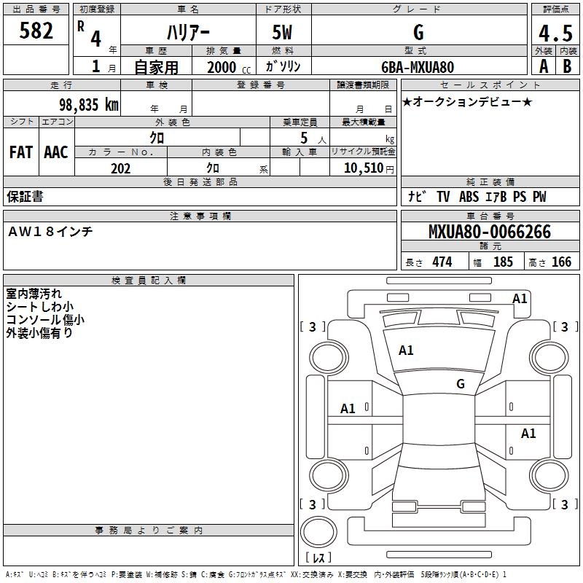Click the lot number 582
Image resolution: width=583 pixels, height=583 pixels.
[36, 30]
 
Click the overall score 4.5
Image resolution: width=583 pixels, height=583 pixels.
[555, 33]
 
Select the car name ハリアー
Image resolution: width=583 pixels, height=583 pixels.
[188, 32]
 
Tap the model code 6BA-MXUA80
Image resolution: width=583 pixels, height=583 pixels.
[418, 67]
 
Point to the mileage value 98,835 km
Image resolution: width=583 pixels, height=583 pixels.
[89, 104]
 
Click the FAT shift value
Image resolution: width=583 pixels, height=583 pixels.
[21, 152]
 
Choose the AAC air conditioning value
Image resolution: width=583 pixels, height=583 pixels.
[56, 152]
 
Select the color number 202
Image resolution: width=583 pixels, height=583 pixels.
[120, 168]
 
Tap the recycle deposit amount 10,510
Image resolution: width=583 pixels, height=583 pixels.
[364, 168]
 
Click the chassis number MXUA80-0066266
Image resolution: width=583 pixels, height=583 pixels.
[490, 232]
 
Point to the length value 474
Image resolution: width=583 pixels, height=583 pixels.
[442, 262]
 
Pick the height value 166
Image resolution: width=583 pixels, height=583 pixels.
[561, 262]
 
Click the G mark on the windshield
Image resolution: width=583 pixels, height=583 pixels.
[461, 383]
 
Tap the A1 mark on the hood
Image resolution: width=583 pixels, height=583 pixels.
[406, 351]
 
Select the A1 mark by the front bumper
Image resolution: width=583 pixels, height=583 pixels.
[520, 299]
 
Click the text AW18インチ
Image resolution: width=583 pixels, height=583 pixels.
[50, 231]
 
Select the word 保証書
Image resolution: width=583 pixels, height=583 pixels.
[25, 196]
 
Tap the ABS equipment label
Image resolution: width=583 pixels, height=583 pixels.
[469, 196]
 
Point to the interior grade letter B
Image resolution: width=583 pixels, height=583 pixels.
[567, 66]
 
